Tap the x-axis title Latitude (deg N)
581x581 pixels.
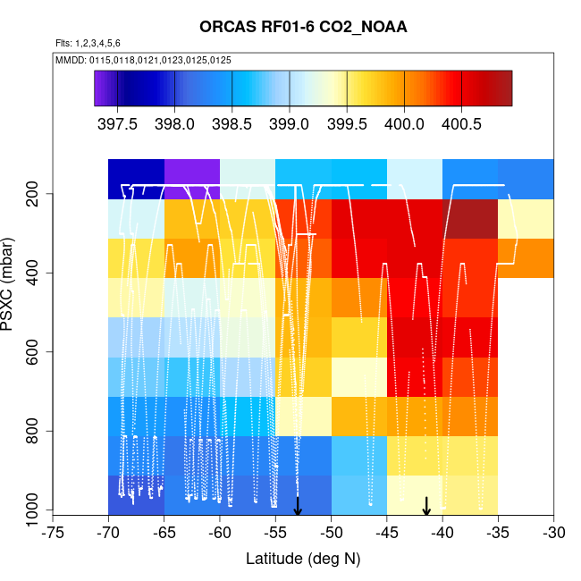pyautogui.click(x=303, y=560)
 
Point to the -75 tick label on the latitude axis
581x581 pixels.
pyautogui.click(x=53, y=534)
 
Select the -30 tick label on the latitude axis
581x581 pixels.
pyautogui.click(x=553, y=534)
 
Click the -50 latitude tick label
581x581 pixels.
pyautogui.click(x=331, y=534)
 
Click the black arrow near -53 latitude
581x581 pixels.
pyautogui.click(x=298, y=507)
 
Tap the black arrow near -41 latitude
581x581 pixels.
pyautogui.click(x=426, y=506)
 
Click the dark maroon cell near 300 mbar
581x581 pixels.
pyautogui.click(x=470, y=219)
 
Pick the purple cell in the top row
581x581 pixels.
pyautogui.click(x=191, y=179)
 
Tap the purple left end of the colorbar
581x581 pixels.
pyautogui.click(x=101, y=88)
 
